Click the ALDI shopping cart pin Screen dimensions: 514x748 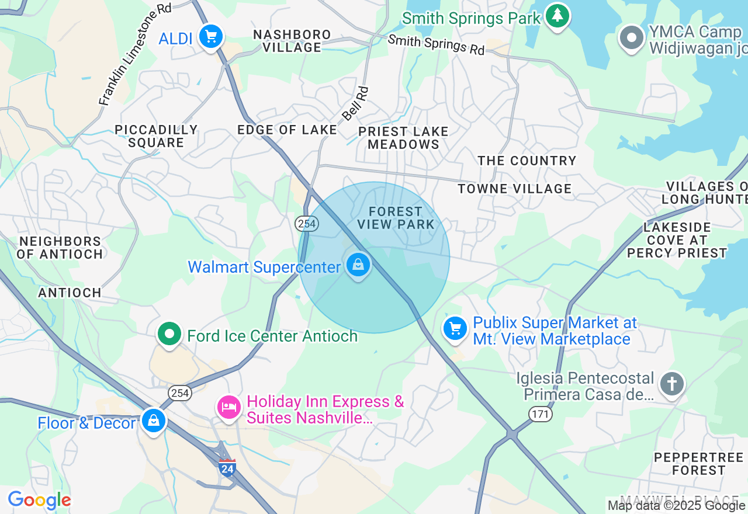pyautogui.click(x=210, y=37)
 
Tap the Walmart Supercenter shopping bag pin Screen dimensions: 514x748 pyautogui.click(x=358, y=265)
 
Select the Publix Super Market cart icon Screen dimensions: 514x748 pyautogui.click(x=455, y=328)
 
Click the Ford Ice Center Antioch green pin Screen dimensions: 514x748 pyautogui.click(x=170, y=335)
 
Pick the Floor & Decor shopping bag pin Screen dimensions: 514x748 pyautogui.click(x=153, y=420)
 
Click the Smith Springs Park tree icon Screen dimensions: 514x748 pyautogui.click(x=557, y=16)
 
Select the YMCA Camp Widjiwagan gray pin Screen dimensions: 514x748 pyautogui.click(x=631, y=38)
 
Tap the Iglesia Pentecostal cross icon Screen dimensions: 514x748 pyautogui.click(x=672, y=384)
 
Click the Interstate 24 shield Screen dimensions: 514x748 pyautogui.click(x=227, y=467)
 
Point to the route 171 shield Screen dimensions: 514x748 pyautogui.click(x=541, y=414)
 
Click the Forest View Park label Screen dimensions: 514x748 pyautogui.click(x=396, y=218)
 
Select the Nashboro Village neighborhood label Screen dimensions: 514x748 pyautogui.click(x=292, y=41)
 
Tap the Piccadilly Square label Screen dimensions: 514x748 pyautogui.click(x=156, y=136)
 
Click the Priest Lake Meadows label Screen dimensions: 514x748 pyautogui.click(x=403, y=138)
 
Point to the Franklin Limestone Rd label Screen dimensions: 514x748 pyautogui.click(x=135, y=56)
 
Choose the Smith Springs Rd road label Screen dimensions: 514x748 pyautogui.click(x=436, y=44)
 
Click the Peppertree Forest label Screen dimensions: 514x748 pyautogui.click(x=698, y=464)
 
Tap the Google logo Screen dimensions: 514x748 pyautogui.click(x=39, y=501)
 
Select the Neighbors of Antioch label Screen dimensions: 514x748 pyautogui.click(x=60, y=248)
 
